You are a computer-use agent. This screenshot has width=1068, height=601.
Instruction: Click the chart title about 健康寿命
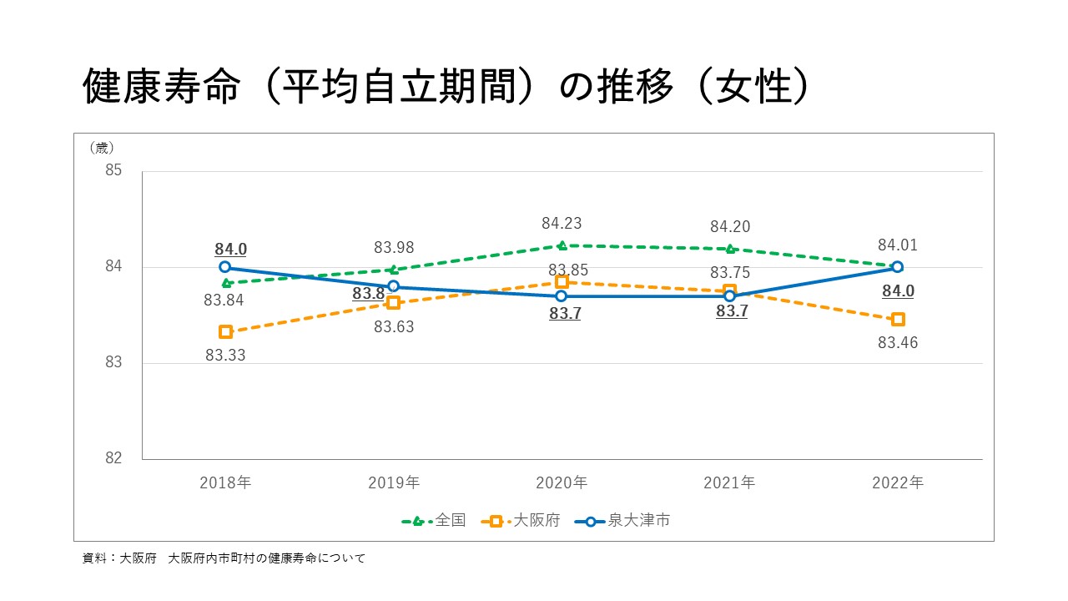(x=446, y=86)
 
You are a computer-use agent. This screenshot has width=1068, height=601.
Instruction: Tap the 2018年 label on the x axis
(x=225, y=482)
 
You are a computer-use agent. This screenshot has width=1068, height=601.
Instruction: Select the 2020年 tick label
(x=562, y=482)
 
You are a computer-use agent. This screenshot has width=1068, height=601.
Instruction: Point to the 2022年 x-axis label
(x=898, y=482)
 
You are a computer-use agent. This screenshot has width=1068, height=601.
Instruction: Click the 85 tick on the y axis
(x=113, y=171)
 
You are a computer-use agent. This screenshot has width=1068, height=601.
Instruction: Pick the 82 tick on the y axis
(x=113, y=458)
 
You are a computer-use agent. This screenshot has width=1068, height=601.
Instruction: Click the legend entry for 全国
(x=434, y=521)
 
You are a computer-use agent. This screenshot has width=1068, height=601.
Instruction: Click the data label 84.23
(x=562, y=224)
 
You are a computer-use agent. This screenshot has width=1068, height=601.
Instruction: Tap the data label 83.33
(x=225, y=355)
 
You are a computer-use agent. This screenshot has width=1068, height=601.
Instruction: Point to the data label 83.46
(x=898, y=342)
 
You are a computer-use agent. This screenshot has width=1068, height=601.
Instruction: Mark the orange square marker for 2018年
(x=225, y=332)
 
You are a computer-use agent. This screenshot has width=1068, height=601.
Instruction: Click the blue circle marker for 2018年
(x=225, y=267)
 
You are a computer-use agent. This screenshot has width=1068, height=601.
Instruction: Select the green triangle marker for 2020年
(x=562, y=245)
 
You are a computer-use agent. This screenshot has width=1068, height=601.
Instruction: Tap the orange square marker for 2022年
(x=898, y=319)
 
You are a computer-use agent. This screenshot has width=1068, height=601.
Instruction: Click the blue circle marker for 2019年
(x=394, y=286)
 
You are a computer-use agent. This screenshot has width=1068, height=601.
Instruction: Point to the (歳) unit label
(x=101, y=149)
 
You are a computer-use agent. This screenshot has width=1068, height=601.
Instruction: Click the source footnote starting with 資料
(x=224, y=558)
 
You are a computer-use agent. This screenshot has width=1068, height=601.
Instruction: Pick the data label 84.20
(x=730, y=227)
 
